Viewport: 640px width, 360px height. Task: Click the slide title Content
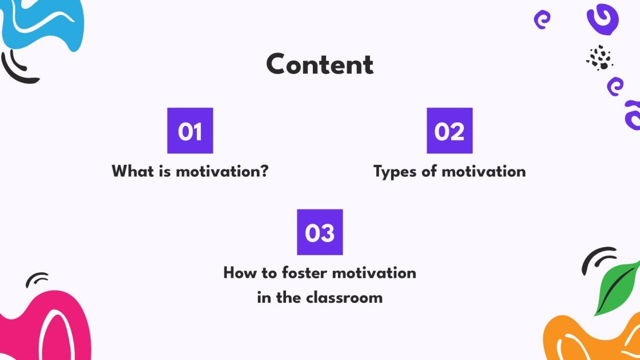(x=320, y=65)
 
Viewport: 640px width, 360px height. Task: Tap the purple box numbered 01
(x=190, y=131)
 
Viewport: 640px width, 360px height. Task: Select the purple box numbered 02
(x=450, y=131)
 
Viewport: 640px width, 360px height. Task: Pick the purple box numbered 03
(x=320, y=232)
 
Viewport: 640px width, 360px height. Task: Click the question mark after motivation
(x=264, y=171)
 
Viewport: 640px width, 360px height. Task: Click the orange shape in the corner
(x=589, y=341)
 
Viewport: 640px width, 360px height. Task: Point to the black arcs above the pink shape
(x=37, y=279)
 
